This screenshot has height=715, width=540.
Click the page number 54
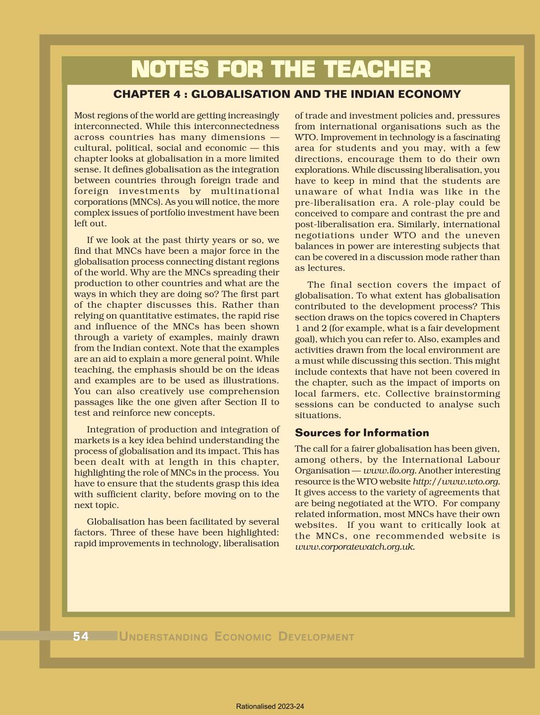click(x=81, y=636)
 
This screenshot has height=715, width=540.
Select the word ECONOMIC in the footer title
click(x=243, y=637)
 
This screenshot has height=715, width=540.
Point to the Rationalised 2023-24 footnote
click(x=270, y=706)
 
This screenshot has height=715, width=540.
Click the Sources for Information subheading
click(x=362, y=433)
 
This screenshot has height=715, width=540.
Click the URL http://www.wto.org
click(x=456, y=481)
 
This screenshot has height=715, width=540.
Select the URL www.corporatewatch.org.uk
click(x=354, y=547)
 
